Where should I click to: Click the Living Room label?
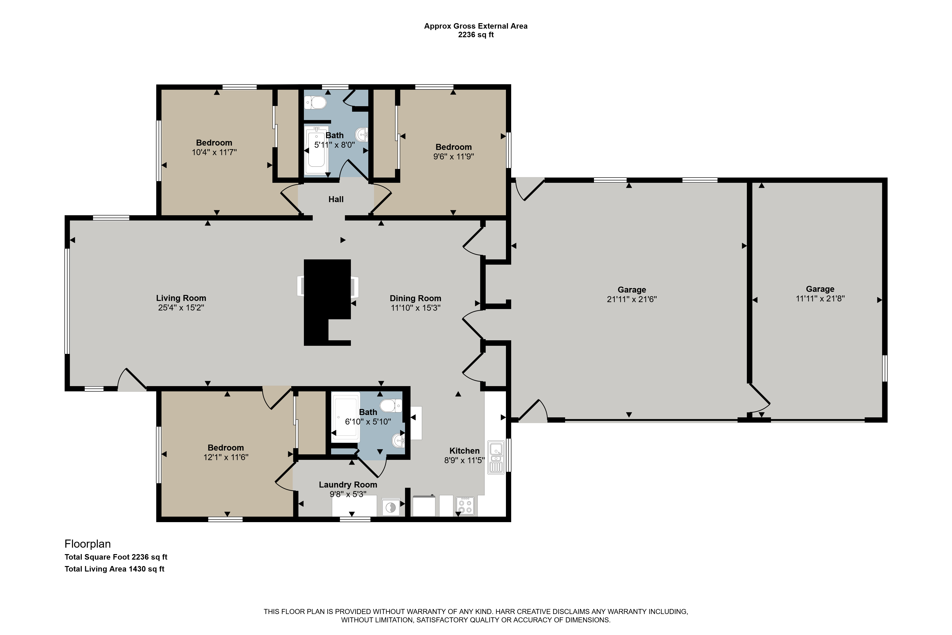tap(181, 298)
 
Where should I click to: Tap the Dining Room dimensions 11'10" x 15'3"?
tap(415, 308)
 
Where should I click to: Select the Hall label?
tap(336, 199)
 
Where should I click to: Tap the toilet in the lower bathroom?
tap(391, 405)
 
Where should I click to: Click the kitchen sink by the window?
tap(496, 457)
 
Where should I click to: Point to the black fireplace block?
tap(327, 302)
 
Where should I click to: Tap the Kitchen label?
tap(464, 451)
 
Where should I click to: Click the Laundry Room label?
tap(348, 485)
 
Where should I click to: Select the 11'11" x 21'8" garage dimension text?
tap(820, 299)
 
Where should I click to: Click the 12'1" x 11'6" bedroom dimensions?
tap(226, 457)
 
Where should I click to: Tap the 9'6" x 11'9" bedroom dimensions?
tap(453, 156)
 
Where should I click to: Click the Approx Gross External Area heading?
tap(476, 26)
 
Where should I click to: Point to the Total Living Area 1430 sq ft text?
tap(114, 569)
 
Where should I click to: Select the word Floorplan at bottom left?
tap(88, 544)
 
